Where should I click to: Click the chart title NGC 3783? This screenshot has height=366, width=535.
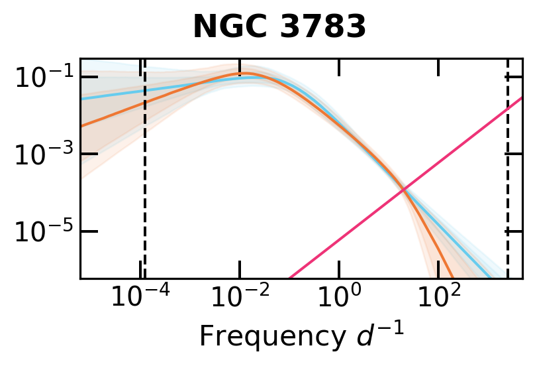279,27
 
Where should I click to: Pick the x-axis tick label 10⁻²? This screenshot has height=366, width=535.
239,298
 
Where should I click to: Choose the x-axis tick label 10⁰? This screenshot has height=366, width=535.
339,298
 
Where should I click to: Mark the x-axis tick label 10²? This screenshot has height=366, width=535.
440,298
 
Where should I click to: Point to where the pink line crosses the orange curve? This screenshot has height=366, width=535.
403,191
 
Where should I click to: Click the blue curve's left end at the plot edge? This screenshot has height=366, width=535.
81,99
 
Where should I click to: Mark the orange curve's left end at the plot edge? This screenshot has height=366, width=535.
81,125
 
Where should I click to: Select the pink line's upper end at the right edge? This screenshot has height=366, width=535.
521,98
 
